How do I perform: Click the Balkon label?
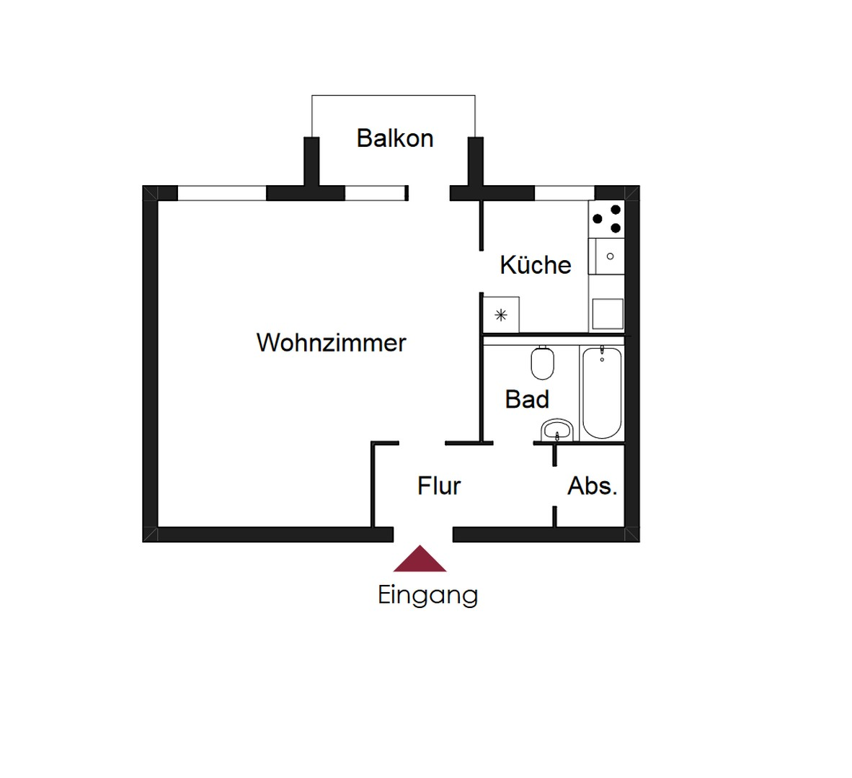[x=395, y=138]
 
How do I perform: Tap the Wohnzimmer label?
[x=331, y=342]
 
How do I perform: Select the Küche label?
[x=535, y=265]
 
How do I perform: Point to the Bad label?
[x=527, y=399]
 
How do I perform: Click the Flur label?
[x=438, y=486]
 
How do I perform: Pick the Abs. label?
[x=592, y=486]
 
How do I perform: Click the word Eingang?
[x=427, y=595]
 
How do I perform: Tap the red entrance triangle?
[x=420, y=560]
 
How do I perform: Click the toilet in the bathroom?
[x=542, y=363]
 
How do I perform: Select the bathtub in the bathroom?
[x=601, y=392]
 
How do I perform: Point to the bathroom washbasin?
[x=556, y=430]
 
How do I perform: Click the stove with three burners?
[x=606, y=218]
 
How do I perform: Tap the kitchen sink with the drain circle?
[x=606, y=256]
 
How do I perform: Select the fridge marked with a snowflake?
[x=501, y=315]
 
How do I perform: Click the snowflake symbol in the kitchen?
[x=501, y=315]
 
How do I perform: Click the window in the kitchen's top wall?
[x=564, y=193]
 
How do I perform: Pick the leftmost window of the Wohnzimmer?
[x=221, y=193]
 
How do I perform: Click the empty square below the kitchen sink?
[x=608, y=313]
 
